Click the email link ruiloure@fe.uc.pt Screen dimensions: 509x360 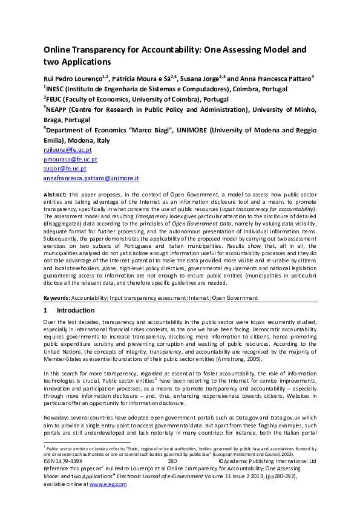pos(68,149)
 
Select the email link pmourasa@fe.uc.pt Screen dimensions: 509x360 pos(70,159)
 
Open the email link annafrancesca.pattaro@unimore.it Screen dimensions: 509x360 pos(91,178)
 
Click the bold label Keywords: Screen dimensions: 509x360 pos(57,298)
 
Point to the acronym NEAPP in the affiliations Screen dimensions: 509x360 pos(59,110)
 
